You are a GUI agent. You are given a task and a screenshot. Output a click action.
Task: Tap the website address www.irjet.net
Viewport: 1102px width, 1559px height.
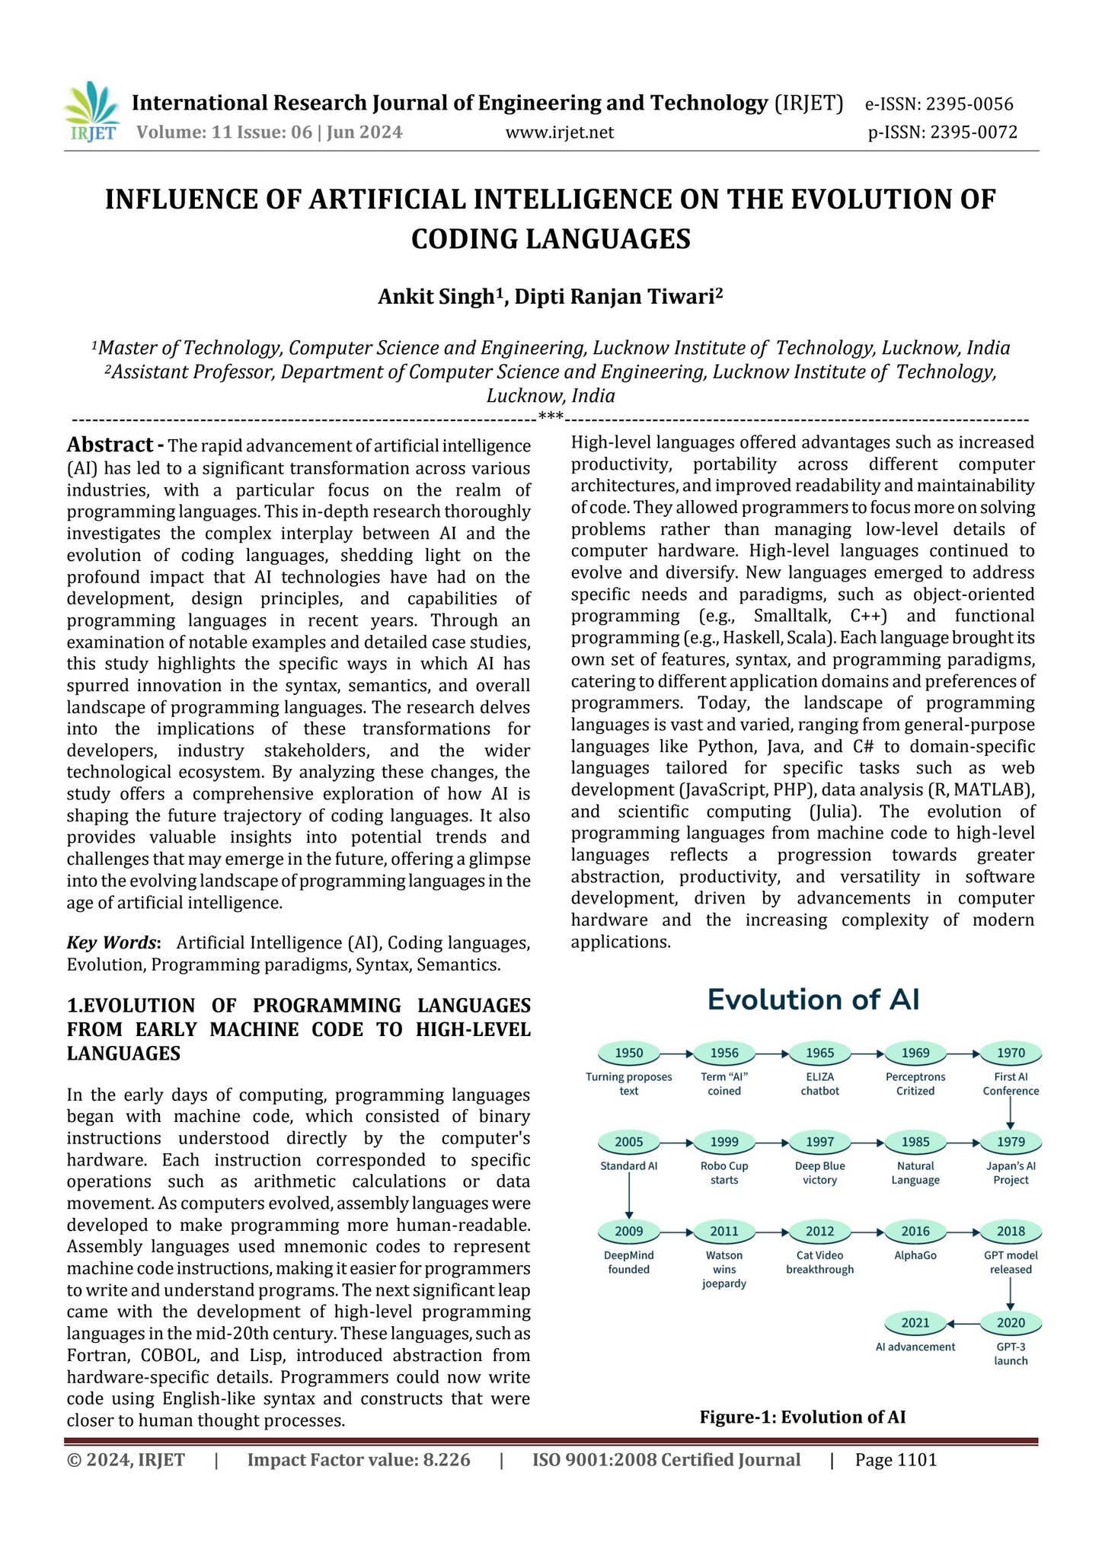click(559, 133)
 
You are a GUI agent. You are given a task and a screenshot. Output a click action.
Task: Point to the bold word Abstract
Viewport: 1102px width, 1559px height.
click(110, 445)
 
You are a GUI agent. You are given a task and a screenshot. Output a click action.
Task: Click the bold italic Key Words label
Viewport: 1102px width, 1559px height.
click(113, 942)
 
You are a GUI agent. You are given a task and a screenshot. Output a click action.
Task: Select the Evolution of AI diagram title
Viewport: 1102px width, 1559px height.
click(814, 999)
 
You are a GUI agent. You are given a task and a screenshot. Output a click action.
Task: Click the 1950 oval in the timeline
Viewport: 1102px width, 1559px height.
click(629, 1054)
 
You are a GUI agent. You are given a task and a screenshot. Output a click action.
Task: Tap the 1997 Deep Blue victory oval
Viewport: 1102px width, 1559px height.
click(819, 1142)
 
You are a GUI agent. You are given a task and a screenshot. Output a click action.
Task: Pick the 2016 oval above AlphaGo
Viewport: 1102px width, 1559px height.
click(915, 1231)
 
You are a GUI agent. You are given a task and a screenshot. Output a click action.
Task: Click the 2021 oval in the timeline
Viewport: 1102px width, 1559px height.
click(915, 1322)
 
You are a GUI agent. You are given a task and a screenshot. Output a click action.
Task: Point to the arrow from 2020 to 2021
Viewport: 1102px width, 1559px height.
click(962, 1323)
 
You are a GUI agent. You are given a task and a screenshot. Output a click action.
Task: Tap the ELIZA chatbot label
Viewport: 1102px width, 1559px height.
click(819, 1084)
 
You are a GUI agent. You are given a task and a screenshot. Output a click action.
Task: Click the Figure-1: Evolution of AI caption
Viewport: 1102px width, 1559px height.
click(803, 1417)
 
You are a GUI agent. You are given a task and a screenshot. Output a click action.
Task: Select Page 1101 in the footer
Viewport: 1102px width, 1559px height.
click(896, 1459)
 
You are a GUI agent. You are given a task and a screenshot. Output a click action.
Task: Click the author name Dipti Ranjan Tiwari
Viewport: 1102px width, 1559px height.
click(618, 297)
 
